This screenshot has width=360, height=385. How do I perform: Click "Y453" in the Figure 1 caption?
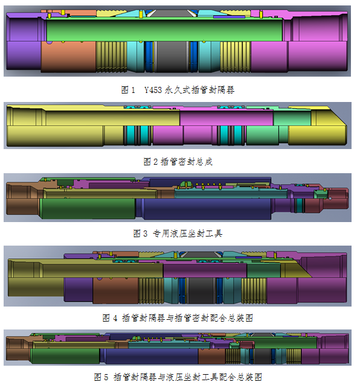click(x=153, y=90)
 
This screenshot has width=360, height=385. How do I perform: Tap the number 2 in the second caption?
click(x=155, y=162)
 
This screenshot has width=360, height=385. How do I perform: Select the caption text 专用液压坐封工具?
click(x=188, y=234)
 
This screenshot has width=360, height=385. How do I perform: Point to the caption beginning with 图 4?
click(x=178, y=318)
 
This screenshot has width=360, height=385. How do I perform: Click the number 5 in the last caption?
click(x=106, y=377)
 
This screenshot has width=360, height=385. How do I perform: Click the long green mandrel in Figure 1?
click(x=164, y=30)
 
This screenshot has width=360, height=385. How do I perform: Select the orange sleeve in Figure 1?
click(x=68, y=57)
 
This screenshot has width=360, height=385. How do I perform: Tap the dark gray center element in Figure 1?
click(x=172, y=57)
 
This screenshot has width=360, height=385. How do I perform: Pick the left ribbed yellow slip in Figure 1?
click(x=111, y=57)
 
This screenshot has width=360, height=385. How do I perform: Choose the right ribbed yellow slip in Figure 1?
click(x=235, y=57)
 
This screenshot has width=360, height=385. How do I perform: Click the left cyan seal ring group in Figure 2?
click(x=138, y=136)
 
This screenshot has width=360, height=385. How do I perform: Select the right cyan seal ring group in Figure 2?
click(x=231, y=136)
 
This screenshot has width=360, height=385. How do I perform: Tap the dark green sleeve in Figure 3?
click(x=88, y=208)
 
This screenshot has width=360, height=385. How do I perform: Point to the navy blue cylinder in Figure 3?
click(x=207, y=209)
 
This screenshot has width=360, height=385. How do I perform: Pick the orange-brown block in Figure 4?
click(x=115, y=290)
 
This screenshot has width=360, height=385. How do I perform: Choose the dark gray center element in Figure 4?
click(x=201, y=290)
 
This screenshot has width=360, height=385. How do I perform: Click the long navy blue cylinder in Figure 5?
click(x=152, y=356)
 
